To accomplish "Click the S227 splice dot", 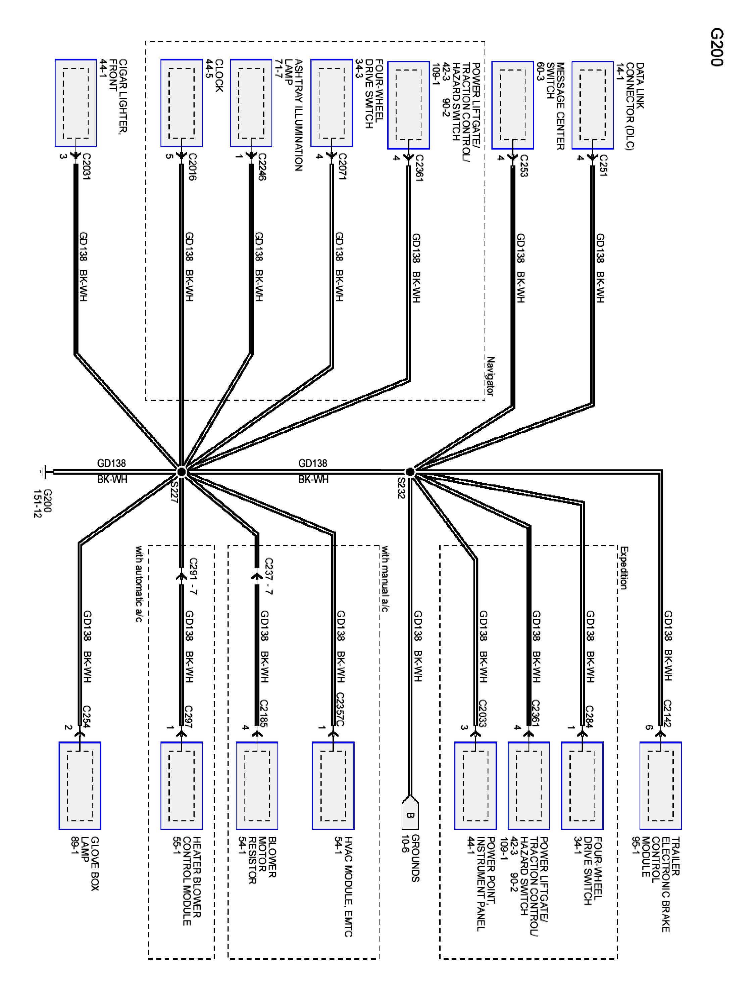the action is pyautogui.click(x=181, y=472).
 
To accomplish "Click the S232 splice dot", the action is pyautogui.click(x=410, y=472).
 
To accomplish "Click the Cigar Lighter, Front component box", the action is pyautogui.click(x=75, y=103).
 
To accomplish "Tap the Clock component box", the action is pyautogui.click(x=181, y=103).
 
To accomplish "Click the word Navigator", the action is pyautogui.click(x=490, y=376).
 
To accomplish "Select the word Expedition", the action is pyautogui.click(x=623, y=568).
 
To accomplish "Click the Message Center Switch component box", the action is pyautogui.click(x=512, y=105).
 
